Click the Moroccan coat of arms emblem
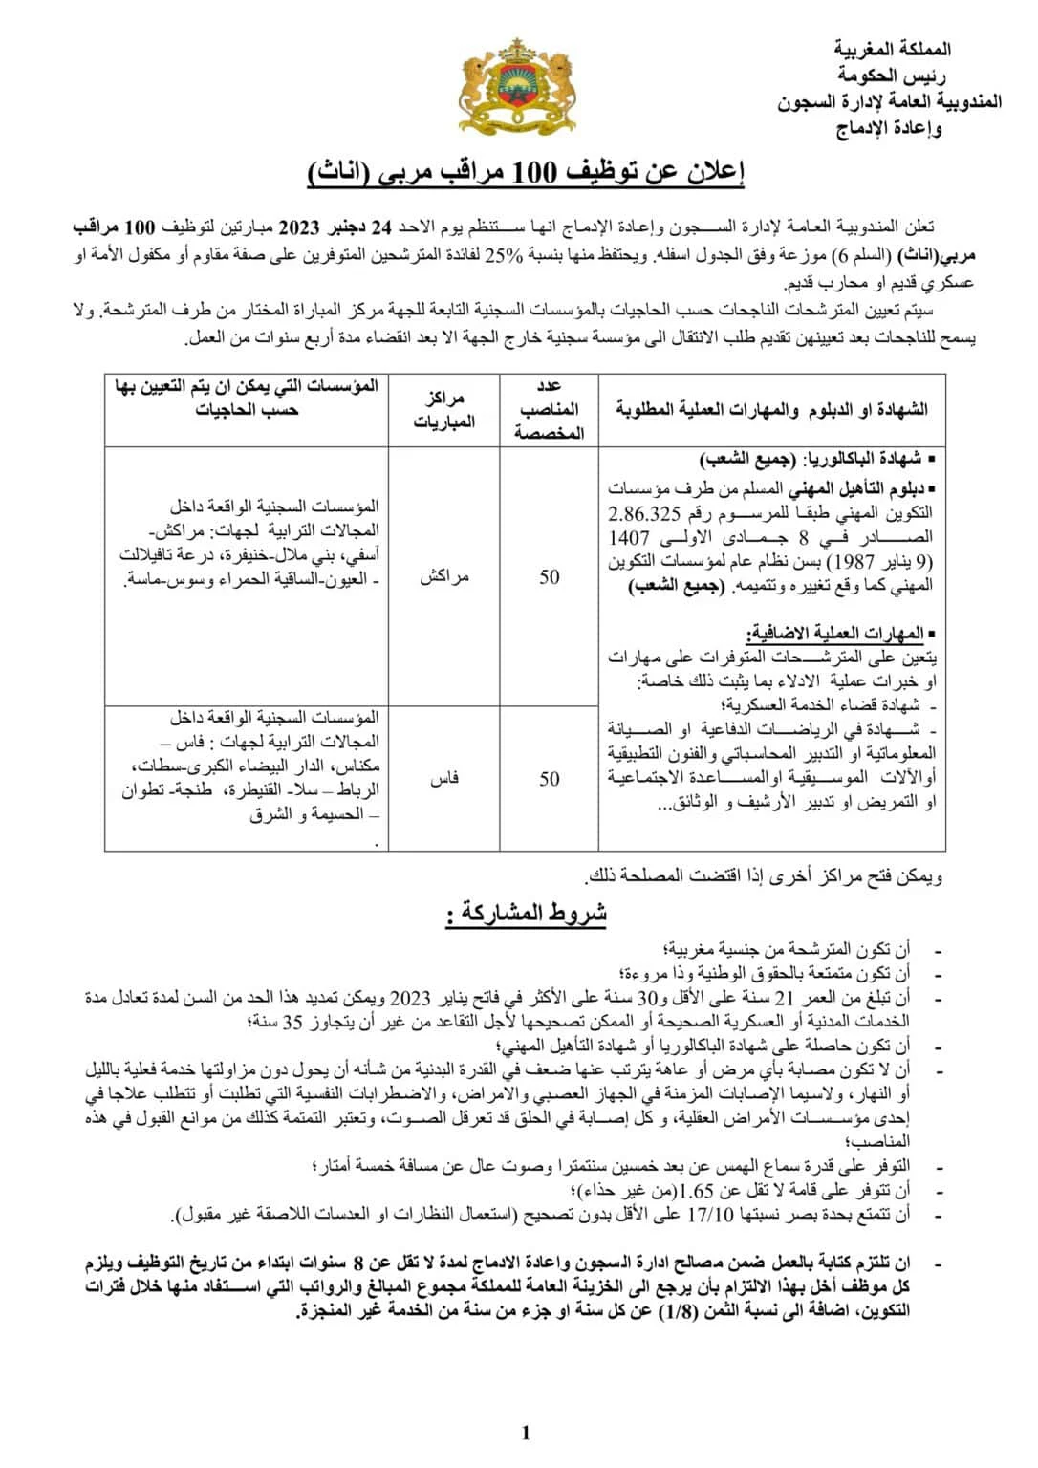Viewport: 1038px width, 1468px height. [520, 85]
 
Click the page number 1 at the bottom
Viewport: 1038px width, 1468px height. [526, 1431]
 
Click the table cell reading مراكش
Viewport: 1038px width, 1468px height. [444, 576]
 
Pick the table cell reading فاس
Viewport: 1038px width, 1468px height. [444, 778]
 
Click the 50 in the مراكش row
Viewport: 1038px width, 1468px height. [550, 576]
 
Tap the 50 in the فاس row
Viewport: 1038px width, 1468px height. [550, 778]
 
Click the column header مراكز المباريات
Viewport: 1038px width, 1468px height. [444, 409]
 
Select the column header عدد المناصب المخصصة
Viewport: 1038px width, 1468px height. [550, 409]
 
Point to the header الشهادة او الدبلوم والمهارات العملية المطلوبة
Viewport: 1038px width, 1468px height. [772, 409]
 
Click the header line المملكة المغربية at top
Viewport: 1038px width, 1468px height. [892, 49]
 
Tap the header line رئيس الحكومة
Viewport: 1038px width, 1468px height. [892, 75]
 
